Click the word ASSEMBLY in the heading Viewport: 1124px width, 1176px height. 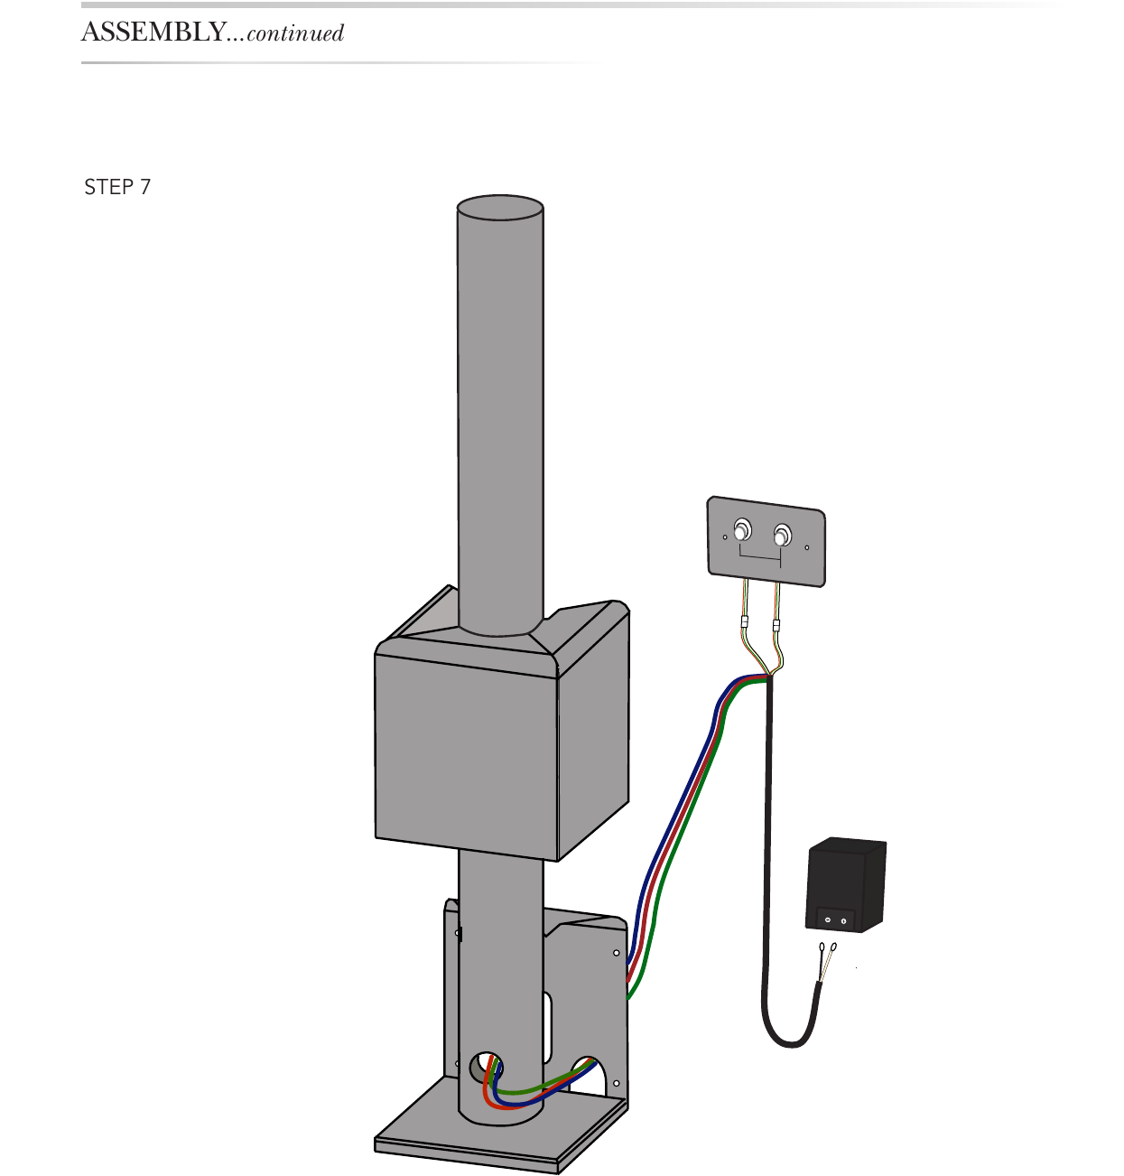(153, 32)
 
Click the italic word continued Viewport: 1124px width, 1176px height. (295, 33)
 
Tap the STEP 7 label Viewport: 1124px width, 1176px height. (117, 187)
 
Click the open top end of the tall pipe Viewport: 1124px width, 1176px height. (500, 207)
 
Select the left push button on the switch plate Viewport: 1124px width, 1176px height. (742, 529)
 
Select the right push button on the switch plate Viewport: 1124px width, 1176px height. (782, 535)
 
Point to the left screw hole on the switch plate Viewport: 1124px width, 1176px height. (725, 537)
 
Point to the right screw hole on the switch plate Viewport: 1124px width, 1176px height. (807, 547)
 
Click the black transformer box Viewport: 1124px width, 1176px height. (846, 885)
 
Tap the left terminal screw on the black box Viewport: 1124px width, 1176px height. (828, 919)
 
